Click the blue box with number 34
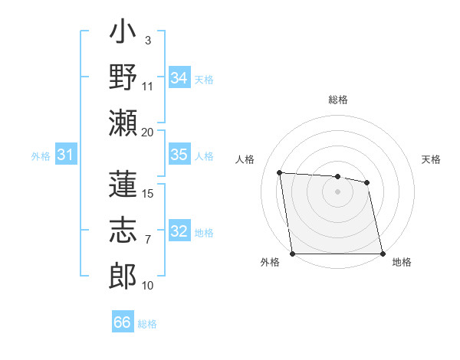(x=179, y=78)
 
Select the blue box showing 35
(x=179, y=155)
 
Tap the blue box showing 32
(x=179, y=231)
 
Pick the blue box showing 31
(x=66, y=155)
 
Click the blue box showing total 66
(x=123, y=322)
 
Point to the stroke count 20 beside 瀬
(x=147, y=132)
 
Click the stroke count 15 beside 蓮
(x=148, y=193)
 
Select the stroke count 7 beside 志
(x=148, y=240)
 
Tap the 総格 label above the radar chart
(x=338, y=100)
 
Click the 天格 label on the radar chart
(x=431, y=159)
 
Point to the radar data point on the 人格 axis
(x=280, y=172)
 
